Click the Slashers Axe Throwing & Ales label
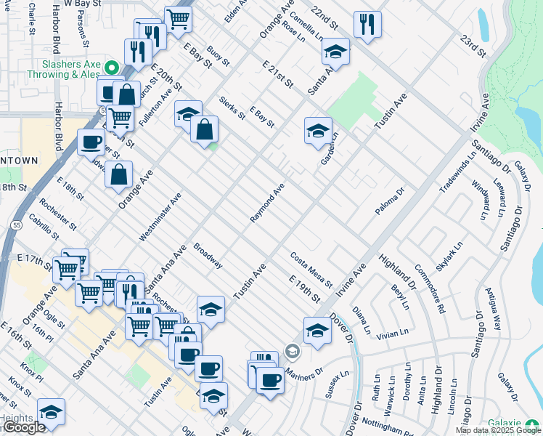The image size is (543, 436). [64, 68]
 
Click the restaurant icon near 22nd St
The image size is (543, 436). [368, 25]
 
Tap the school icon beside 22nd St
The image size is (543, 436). [335, 52]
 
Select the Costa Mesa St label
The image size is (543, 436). [311, 269]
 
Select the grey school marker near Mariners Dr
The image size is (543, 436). [292, 352]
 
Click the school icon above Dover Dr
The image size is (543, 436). [317, 330]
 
